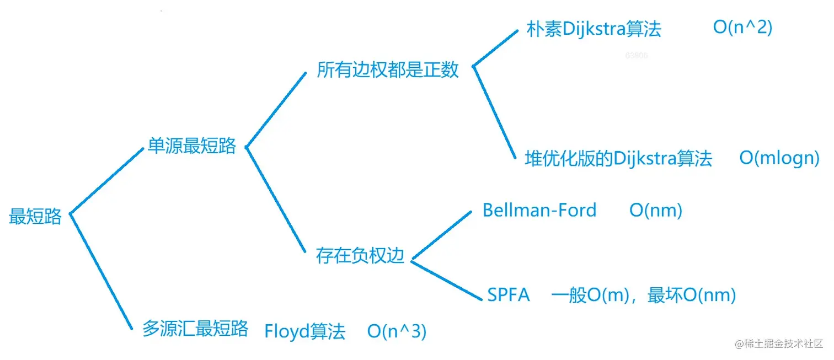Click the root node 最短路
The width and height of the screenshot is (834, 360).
click(x=35, y=217)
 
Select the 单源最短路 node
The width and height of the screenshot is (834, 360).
click(x=191, y=146)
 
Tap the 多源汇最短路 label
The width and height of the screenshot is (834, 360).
click(x=195, y=329)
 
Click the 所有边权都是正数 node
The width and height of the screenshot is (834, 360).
click(x=387, y=70)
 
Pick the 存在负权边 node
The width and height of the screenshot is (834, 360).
click(x=360, y=256)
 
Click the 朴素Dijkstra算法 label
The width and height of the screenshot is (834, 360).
click(x=594, y=29)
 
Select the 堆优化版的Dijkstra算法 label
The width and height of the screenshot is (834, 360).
click(x=618, y=159)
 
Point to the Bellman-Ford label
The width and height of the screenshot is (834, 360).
click(x=539, y=210)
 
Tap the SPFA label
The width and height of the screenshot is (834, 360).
click(x=508, y=295)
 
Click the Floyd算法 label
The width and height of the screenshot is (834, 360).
click(x=305, y=332)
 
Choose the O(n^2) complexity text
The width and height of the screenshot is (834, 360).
click(x=742, y=28)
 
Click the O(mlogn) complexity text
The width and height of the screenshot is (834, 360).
click(x=779, y=158)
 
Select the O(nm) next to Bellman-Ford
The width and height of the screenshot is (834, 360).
click(x=656, y=210)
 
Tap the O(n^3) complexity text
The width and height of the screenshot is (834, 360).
click(x=397, y=332)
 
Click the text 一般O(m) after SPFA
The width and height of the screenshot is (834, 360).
click(x=590, y=295)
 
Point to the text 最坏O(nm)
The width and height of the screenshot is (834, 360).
click(x=692, y=295)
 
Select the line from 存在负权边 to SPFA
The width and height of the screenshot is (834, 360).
click(x=447, y=281)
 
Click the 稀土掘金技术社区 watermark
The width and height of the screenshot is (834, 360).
click(x=778, y=343)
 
